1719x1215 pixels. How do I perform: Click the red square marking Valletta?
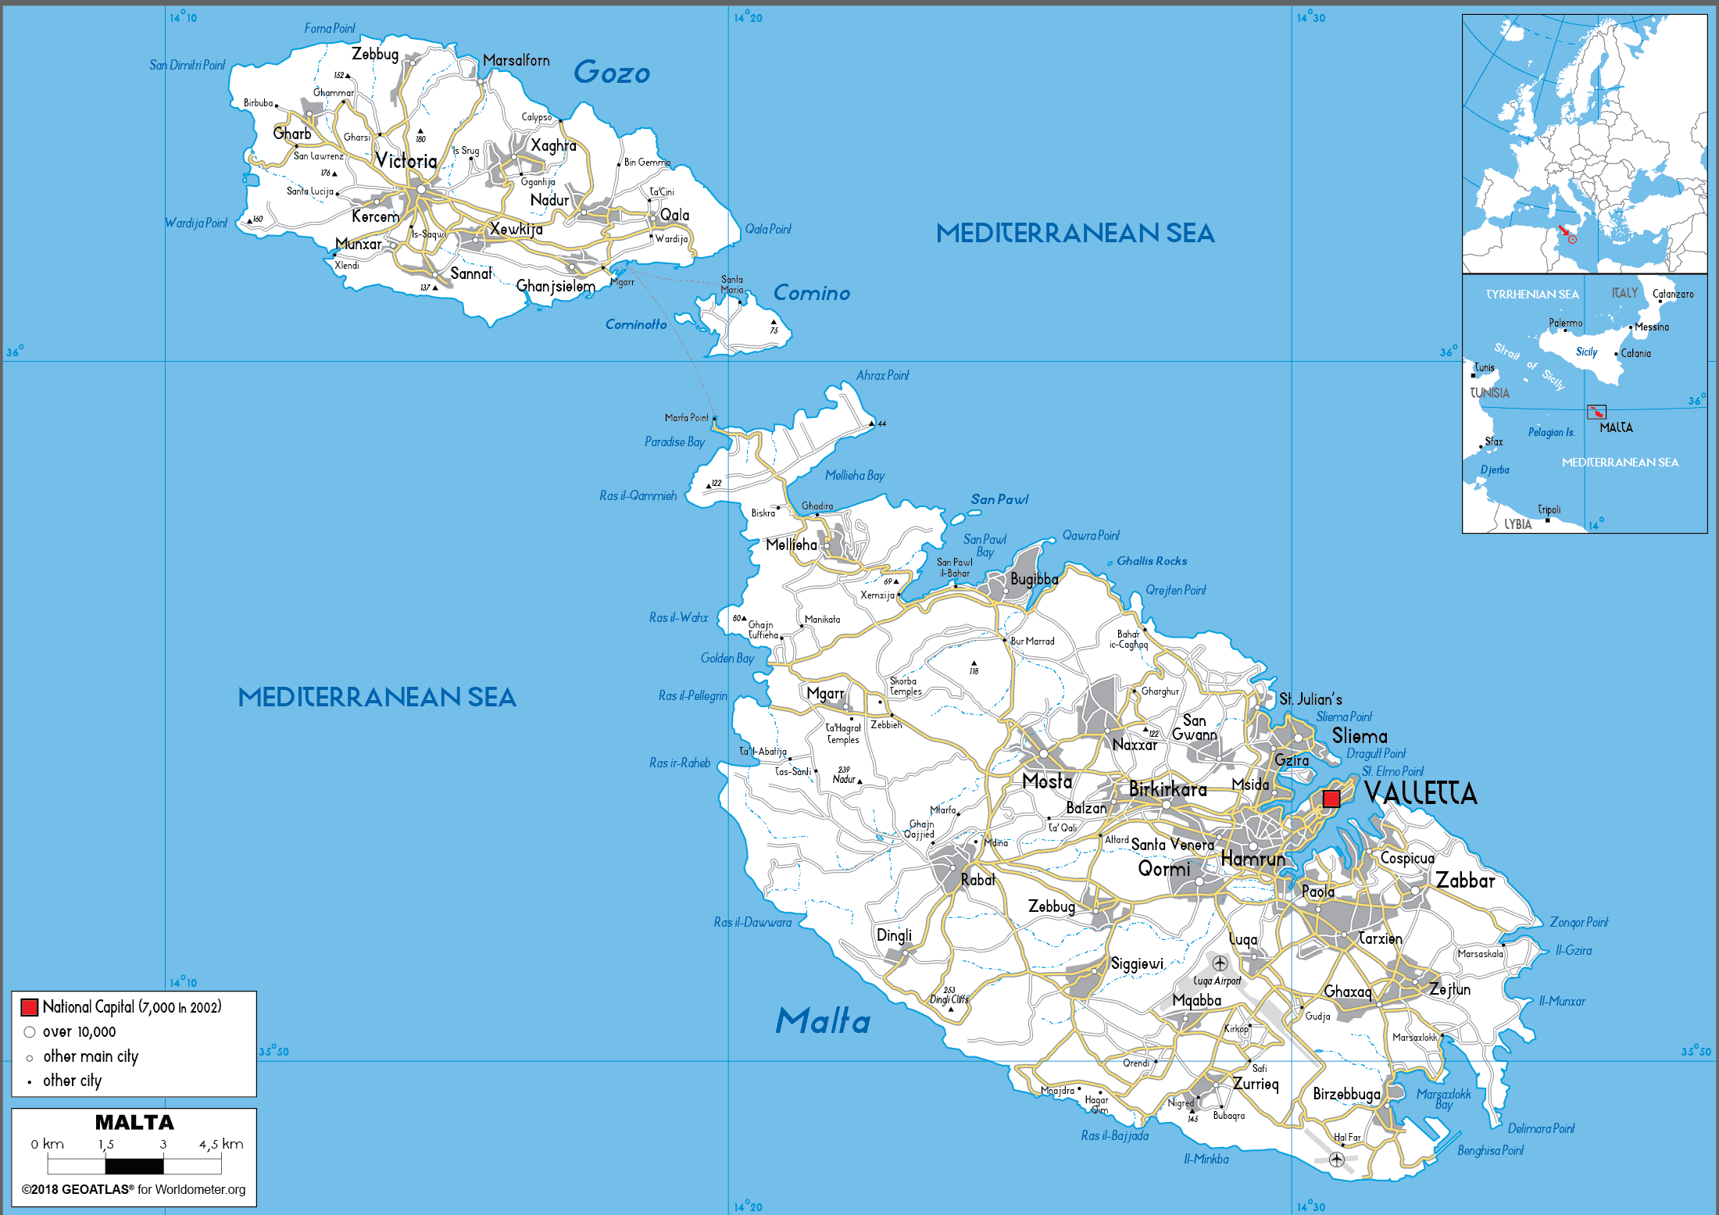click(1331, 799)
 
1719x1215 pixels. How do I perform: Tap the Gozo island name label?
click(612, 73)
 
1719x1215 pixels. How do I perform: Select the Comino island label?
click(811, 293)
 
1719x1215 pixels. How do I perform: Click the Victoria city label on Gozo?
click(406, 161)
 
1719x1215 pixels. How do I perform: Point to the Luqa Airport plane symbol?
click(1220, 963)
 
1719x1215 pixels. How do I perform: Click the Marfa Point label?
click(686, 418)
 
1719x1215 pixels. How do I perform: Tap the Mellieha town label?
click(792, 545)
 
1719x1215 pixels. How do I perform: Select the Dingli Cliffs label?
click(949, 999)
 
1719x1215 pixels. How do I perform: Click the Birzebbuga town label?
click(1346, 1094)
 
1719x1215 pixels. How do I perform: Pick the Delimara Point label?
click(1541, 1128)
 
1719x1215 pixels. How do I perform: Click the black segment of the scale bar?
click(134, 1167)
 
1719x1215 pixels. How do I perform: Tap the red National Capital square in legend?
click(30, 1007)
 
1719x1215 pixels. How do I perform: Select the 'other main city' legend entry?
click(90, 1056)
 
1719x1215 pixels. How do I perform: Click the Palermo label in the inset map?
click(1565, 323)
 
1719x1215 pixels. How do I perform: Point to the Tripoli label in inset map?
click(1549, 509)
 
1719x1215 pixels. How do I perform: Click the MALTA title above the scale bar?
click(134, 1123)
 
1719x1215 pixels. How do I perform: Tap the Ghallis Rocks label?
click(1151, 561)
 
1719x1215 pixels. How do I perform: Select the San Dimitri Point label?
click(187, 65)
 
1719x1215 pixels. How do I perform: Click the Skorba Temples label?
click(905, 686)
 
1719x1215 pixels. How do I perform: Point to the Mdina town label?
click(995, 842)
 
